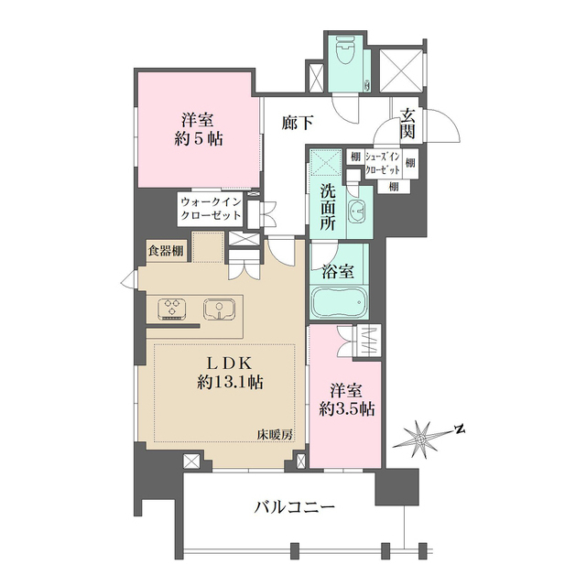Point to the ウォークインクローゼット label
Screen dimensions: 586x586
point(211,208)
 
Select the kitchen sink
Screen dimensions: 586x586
point(219,309)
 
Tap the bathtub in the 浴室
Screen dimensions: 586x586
point(339,301)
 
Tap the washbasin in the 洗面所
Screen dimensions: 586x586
point(358,208)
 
